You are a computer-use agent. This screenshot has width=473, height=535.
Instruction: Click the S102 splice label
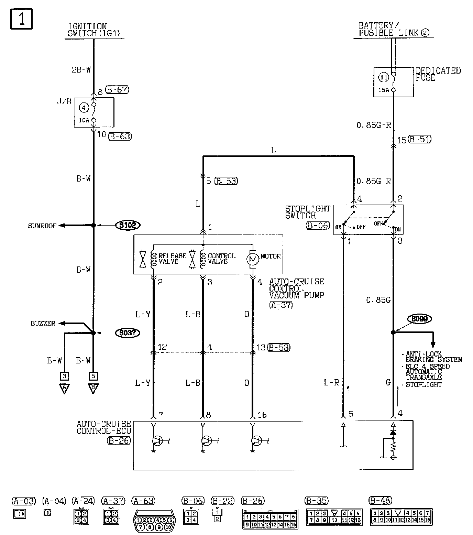128,226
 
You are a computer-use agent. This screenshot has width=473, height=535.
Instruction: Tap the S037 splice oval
128,333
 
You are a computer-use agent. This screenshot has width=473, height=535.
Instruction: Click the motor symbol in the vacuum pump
253,260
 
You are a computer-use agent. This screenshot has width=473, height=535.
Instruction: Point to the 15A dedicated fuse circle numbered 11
384,78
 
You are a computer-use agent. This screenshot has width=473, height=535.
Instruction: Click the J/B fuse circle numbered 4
84,108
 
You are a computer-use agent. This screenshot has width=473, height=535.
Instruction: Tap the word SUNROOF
42,226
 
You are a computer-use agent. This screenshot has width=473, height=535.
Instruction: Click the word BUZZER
43,324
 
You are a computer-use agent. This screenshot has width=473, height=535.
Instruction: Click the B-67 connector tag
117,90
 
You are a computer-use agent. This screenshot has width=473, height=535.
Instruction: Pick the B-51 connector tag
419,140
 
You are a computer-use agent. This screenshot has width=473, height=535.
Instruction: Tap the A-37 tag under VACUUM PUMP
281,305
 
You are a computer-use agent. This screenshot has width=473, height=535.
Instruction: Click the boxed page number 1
21,19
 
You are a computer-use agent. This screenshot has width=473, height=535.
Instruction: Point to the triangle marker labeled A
64,388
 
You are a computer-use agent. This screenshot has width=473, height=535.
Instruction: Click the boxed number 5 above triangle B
93,375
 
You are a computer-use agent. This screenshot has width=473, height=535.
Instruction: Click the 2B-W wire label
81,70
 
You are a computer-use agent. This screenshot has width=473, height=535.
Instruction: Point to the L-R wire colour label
331,382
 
